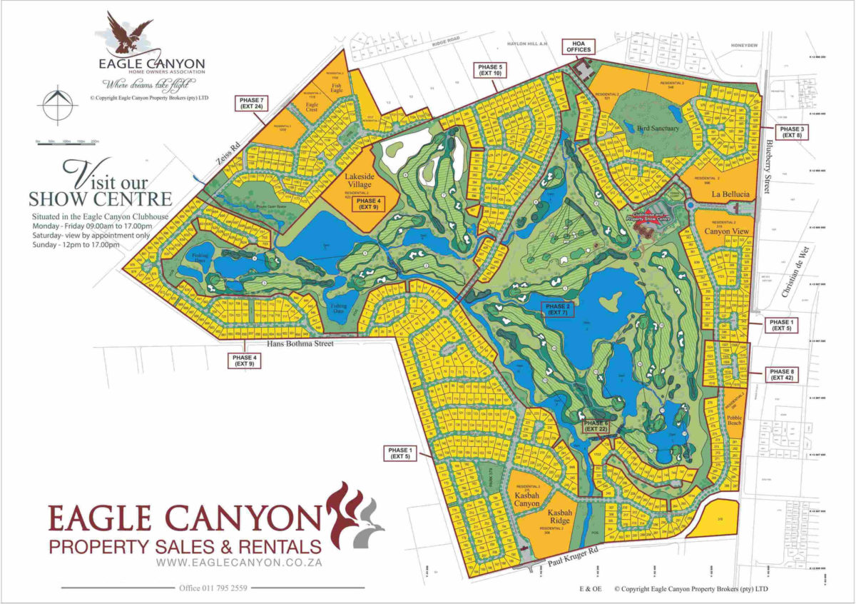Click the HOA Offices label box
pyautogui.click(x=578, y=46)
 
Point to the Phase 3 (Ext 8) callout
pyautogui.click(x=792, y=131)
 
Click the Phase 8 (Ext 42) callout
pyautogui.click(x=782, y=375)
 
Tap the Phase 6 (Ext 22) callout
pyautogui.click(x=597, y=426)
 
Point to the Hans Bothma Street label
pyautogui.click(x=300, y=344)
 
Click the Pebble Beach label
pyautogui.click(x=734, y=419)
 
